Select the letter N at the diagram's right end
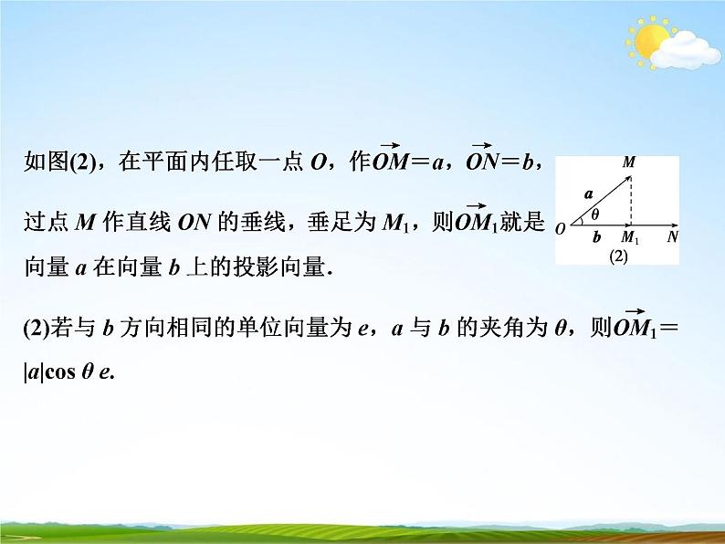[x=672, y=236]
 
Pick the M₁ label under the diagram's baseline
[x=629, y=237]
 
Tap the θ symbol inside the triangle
[x=595, y=215]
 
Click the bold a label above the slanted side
[x=588, y=194]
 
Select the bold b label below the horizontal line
[x=596, y=236]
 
